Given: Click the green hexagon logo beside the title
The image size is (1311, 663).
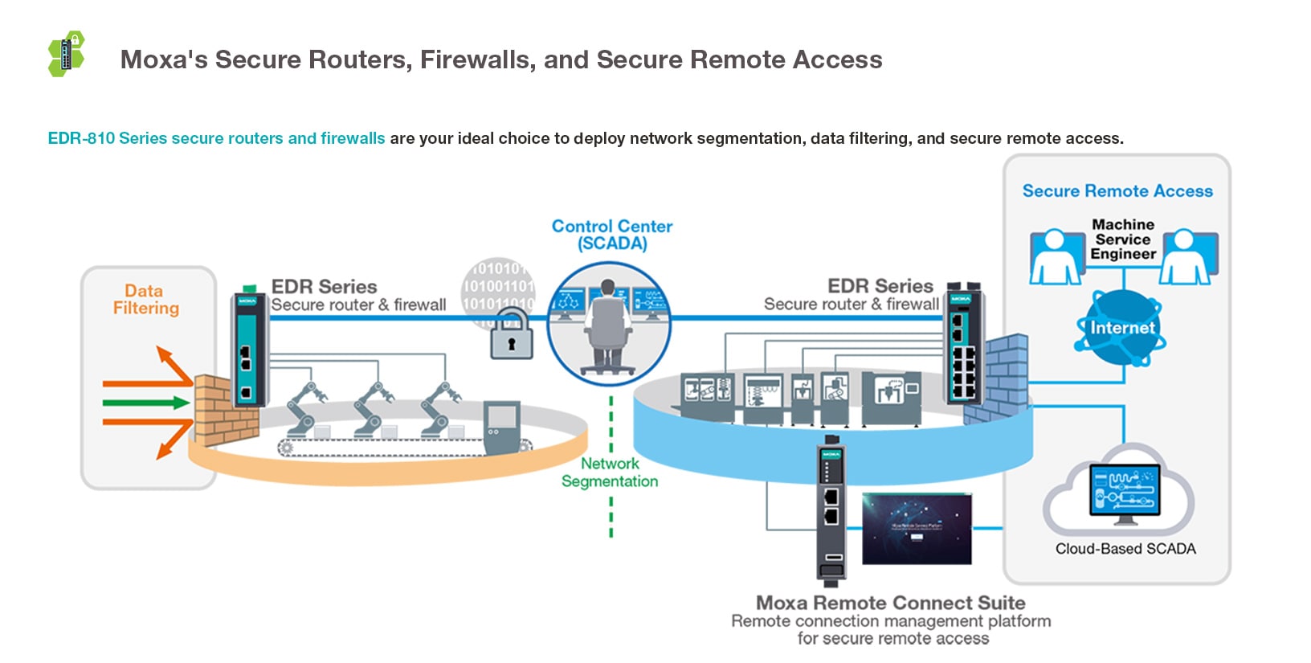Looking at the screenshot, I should click(67, 54).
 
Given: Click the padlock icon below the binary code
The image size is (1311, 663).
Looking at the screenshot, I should click(511, 335).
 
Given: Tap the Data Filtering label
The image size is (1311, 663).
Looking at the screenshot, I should click(145, 300).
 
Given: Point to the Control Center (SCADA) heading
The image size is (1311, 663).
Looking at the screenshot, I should click(611, 235).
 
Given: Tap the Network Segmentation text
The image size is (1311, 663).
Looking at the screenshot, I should click(610, 473).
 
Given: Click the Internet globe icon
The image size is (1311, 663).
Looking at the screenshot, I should click(1121, 328).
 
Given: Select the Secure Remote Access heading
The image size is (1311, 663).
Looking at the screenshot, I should click(1117, 191).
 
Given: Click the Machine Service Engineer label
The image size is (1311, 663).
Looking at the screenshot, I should click(1123, 239).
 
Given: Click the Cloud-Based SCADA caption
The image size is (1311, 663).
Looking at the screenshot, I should click(1125, 549).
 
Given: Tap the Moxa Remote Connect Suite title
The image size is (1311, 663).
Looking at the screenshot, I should click(890, 603).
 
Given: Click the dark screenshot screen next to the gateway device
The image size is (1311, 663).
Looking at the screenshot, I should click(916, 528).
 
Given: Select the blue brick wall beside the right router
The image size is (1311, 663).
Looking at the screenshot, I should click(1000, 378).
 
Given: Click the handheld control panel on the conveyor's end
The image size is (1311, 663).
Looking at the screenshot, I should click(502, 426).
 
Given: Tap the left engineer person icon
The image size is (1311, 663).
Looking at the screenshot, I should click(1056, 257).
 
